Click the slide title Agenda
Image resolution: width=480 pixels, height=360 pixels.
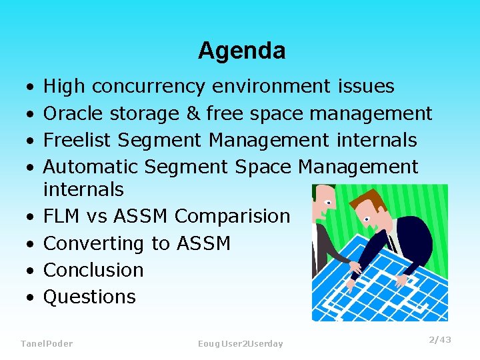click(x=241, y=51)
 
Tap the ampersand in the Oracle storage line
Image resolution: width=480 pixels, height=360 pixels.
click(x=193, y=113)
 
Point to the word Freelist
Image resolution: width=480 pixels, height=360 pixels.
click(x=77, y=140)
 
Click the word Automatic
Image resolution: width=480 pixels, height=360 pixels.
click(x=91, y=167)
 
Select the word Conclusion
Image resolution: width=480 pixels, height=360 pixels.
click(x=93, y=270)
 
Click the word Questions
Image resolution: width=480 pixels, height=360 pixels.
click(x=89, y=297)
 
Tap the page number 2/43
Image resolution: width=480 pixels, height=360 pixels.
click(x=439, y=340)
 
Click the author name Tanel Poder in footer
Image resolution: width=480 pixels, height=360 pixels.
click(x=47, y=343)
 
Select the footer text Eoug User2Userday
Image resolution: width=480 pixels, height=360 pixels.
click(x=240, y=343)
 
